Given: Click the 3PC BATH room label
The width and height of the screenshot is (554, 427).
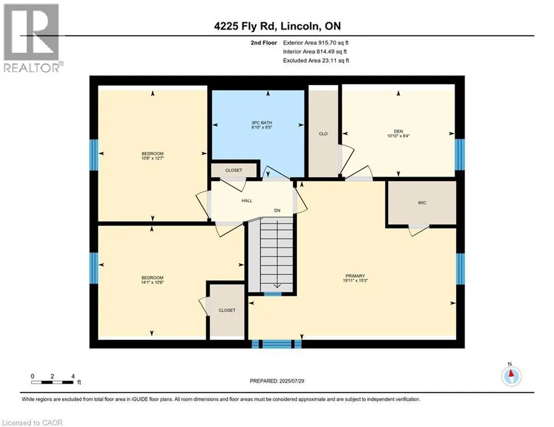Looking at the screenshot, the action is click(262, 123).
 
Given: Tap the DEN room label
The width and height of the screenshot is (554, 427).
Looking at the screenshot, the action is click(398, 131).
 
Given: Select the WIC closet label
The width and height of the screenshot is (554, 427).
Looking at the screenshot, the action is click(422, 203).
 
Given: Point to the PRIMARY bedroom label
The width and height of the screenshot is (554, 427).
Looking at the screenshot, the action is click(355, 276).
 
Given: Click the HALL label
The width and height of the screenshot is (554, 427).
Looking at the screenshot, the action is click(247, 201).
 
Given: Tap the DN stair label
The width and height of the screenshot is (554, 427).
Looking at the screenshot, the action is click(277, 211).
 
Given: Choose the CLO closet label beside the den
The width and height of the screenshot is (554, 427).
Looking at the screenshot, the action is click(323, 134).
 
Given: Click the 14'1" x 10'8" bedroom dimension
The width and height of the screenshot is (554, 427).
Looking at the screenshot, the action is click(152, 282).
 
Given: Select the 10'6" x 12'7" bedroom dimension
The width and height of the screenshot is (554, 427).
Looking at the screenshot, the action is click(152, 158).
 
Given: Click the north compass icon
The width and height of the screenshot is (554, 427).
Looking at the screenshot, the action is click(511, 376).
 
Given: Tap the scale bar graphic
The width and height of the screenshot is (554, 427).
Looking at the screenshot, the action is click(52, 382).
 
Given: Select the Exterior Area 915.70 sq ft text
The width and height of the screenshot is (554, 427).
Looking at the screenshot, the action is click(316, 43).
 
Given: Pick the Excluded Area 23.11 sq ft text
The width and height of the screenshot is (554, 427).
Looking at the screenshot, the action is click(316, 61).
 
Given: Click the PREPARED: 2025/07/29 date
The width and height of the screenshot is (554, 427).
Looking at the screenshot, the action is click(277, 381).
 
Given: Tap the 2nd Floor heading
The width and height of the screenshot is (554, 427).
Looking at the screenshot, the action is click(263, 43).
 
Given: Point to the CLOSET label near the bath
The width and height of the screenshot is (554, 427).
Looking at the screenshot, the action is click(233, 171).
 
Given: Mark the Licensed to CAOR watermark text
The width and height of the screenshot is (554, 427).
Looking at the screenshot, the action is click(32, 423).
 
